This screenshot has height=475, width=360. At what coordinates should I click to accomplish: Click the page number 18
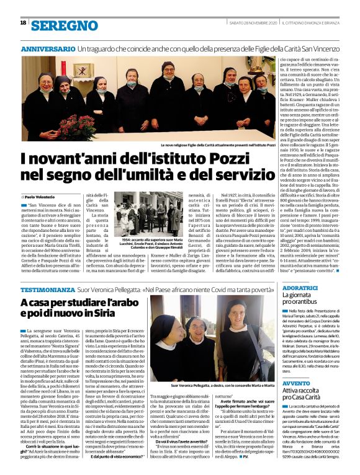[x=23, y=23]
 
